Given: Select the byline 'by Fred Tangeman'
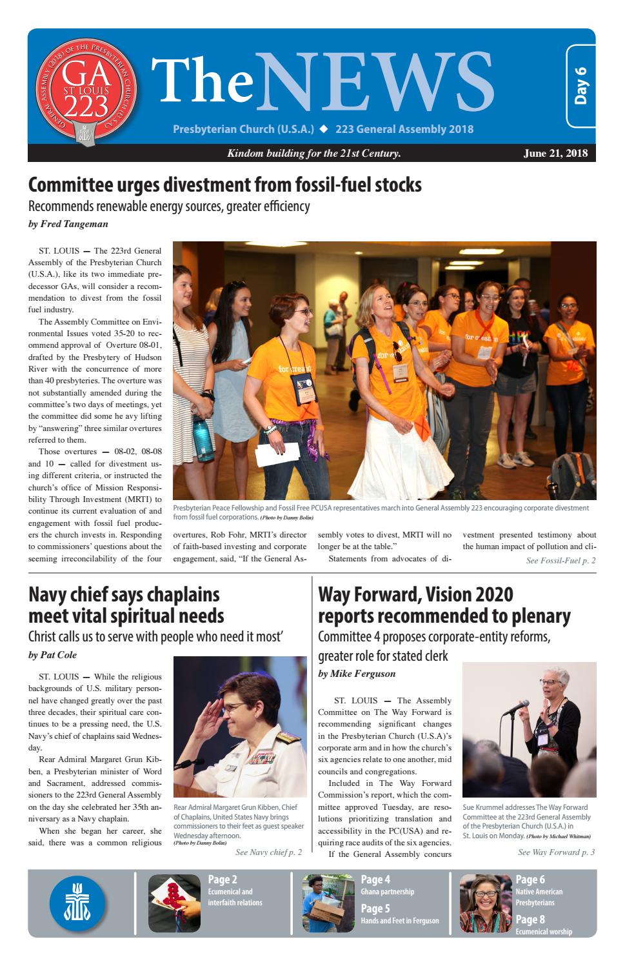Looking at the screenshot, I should tap(68, 224).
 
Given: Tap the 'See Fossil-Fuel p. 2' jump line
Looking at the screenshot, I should tap(561, 561).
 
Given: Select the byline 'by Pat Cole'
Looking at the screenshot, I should tap(52, 655).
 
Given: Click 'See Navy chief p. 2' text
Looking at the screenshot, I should tap(268, 852).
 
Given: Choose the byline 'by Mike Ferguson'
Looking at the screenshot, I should tap(357, 674).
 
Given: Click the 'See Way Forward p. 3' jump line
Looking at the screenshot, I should tap(556, 852).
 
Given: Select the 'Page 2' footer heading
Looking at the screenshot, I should tap(223, 880).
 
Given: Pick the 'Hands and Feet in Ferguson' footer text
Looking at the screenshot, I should tap(400, 921).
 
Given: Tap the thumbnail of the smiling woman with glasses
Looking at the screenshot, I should tap(485, 903).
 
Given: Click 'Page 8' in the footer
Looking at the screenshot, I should tap(530, 920).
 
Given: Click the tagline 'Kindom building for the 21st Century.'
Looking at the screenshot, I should tap(314, 153).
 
